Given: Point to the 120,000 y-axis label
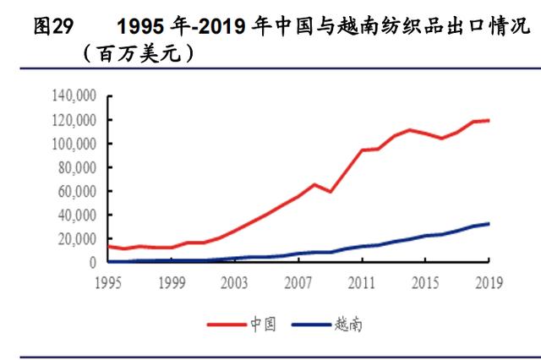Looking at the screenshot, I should pyautogui.click(x=74, y=120).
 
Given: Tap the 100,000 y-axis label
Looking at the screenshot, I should pyautogui.click(x=74, y=144).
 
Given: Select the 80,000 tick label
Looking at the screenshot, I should pyautogui.click(x=77, y=167).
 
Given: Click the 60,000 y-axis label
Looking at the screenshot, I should pyautogui.click(x=77, y=191).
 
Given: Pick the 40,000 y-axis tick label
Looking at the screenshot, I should pyautogui.click(x=77, y=215).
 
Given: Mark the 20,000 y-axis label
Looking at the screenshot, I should pyautogui.click(x=77, y=238).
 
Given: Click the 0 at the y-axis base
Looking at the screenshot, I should pyautogui.click(x=94, y=262).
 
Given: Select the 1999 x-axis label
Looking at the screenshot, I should pyautogui.click(x=172, y=281).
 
